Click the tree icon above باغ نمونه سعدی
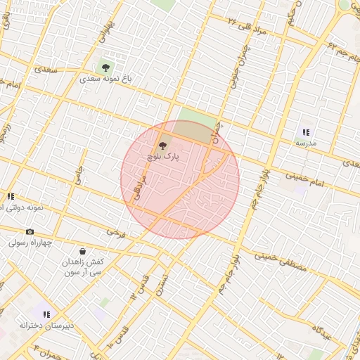(x=105, y=67)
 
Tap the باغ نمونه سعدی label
(x=105, y=79)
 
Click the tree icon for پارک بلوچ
(x=163, y=146)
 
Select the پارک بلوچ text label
(x=163, y=158)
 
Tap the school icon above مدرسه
(x=306, y=131)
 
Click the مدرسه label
(x=306, y=143)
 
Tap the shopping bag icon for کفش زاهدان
(x=83, y=251)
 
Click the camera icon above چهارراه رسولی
(x=30, y=232)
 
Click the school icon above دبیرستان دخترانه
(x=46, y=314)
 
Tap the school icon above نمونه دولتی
(x=10, y=197)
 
